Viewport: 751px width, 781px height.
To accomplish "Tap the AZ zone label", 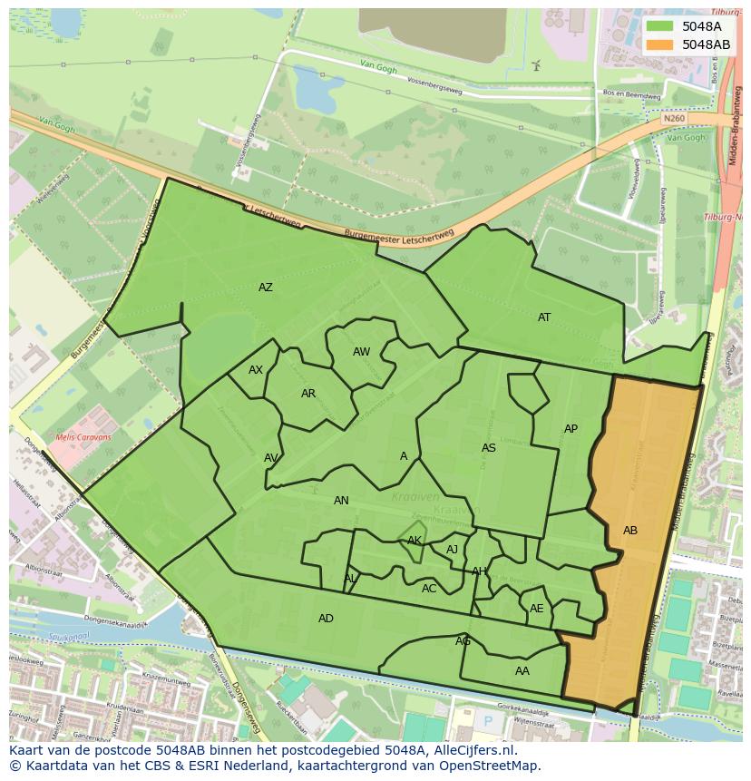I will (x=265, y=288).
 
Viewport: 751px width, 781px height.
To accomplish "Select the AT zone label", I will (x=544, y=317).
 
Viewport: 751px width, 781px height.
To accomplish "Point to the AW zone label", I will (x=361, y=352).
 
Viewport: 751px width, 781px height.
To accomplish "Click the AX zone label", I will (x=256, y=370).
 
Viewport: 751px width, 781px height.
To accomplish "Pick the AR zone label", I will (x=308, y=394).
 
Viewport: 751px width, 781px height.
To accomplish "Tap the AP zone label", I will (x=571, y=429).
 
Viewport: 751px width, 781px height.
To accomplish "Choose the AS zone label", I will (x=489, y=448).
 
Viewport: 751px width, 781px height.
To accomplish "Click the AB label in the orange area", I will (x=630, y=531).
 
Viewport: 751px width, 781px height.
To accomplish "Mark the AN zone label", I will (x=341, y=501).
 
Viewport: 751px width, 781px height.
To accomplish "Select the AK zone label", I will (x=415, y=541).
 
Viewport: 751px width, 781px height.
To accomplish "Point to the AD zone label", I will (x=326, y=619).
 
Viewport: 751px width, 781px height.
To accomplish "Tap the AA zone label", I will (x=522, y=671).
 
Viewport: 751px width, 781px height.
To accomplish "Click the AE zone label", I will (x=537, y=609).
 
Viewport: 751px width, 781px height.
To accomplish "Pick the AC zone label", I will (x=429, y=589).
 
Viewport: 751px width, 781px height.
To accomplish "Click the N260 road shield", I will (x=673, y=118).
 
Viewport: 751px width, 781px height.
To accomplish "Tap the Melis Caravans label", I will (x=83, y=437).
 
